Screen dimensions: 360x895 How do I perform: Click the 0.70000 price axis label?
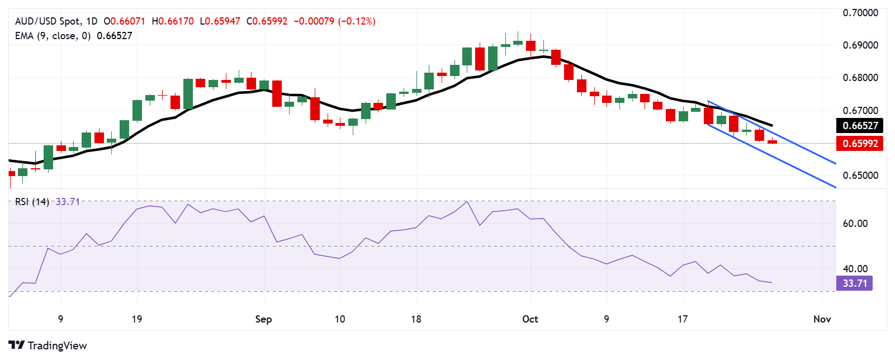[860, 13]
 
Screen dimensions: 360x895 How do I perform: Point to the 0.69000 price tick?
[860, 45]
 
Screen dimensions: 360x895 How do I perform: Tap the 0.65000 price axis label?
[860, 176]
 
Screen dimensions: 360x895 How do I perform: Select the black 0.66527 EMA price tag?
[860, 126]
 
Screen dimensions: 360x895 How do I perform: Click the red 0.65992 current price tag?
[860, 144]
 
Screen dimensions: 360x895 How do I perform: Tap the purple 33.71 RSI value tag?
[855, 283]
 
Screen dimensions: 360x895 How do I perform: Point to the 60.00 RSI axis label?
[855, 224]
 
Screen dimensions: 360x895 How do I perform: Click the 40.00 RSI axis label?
[855, 269]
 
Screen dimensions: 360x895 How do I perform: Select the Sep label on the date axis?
[263, 319]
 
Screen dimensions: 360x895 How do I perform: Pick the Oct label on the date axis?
[530, 319]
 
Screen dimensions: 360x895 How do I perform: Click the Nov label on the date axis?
[822, 319]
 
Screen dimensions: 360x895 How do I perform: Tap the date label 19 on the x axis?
[137, 319]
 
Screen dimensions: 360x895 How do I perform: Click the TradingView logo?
[48, 345]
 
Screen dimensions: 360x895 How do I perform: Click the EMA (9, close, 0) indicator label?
[53, 36]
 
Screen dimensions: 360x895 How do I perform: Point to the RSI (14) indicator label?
[32, 202]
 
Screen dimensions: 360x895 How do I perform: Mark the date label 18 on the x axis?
[416, 319]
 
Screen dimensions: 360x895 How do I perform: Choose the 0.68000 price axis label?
[860, 78]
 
